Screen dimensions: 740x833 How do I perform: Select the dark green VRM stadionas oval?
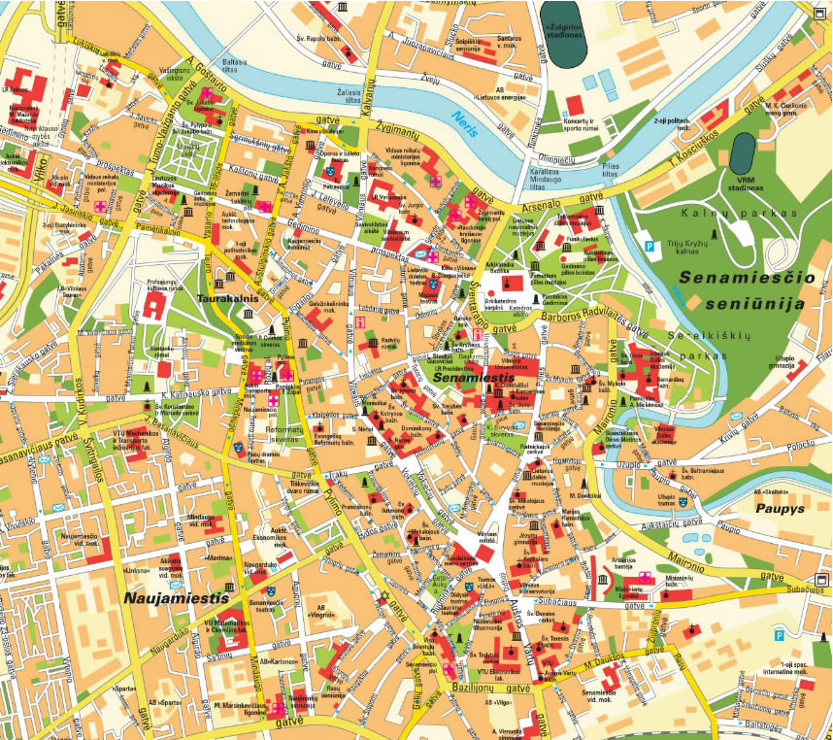pos(744,153)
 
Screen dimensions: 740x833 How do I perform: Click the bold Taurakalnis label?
pos(227,299)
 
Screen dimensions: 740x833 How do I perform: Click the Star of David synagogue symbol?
pos(383,595)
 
